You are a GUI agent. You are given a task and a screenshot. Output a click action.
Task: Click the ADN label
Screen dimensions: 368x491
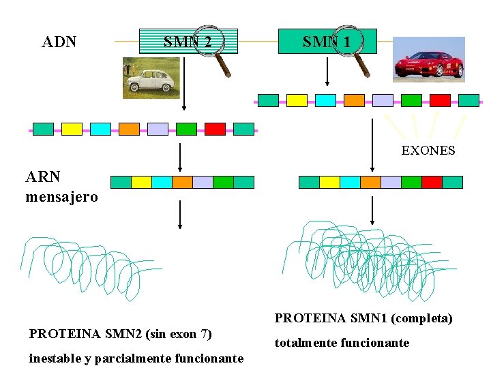pyautogui.click(x=59, y=42)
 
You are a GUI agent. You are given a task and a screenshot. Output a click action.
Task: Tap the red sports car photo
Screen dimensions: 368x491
pyautogui.click(x=429, y=59)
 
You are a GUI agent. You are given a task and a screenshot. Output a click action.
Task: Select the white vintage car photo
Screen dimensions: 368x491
pyautogui.click(x=151, y=78)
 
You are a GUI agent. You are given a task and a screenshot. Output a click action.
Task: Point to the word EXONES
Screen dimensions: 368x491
pyautogui.click(x=428, y=150)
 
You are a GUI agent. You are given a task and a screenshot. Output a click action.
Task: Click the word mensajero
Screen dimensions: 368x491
pyautogui.click(x=61, y=197)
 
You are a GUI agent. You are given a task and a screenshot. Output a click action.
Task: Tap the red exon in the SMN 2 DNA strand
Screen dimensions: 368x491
pyautogui.click(x=215, y=129)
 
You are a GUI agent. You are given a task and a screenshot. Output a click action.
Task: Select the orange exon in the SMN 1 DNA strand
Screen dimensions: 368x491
pyautogui.click(x=354, y=101)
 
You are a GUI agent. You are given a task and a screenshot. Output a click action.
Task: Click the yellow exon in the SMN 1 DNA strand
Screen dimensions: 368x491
pyautogui.click(x=297, y=101)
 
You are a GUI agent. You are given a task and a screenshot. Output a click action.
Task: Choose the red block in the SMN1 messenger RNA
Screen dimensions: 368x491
pyautogui.click(x=432, y=182)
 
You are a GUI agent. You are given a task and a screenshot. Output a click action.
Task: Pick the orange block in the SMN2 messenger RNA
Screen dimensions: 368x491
pyautogui.click(x=182, y=182)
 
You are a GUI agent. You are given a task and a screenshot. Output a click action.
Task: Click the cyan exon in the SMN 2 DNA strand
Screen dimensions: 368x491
pyautogui.click(x=100, y=129)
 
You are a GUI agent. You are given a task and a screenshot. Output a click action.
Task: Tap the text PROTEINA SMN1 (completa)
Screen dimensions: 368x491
pyautogui.click(x=363, y=318)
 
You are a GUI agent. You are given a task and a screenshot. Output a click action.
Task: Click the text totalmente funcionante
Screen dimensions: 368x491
pyautogui.click(x=342, y=343)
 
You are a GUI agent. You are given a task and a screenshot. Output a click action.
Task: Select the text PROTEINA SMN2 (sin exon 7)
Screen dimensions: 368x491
pyautogui.click(x=121, y=334)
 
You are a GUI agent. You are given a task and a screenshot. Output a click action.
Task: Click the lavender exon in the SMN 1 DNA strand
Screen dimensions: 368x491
pyautogui.click(x=383, y=101)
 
